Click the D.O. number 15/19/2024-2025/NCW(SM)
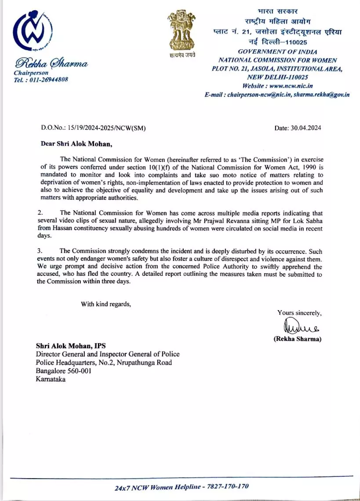pos(105,128)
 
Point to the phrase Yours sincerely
pos(299,313)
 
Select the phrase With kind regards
pos(105,304)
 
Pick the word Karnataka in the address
pos(51,379)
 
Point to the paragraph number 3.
pos(39,251)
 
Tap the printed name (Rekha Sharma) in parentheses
pos(297,339)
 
